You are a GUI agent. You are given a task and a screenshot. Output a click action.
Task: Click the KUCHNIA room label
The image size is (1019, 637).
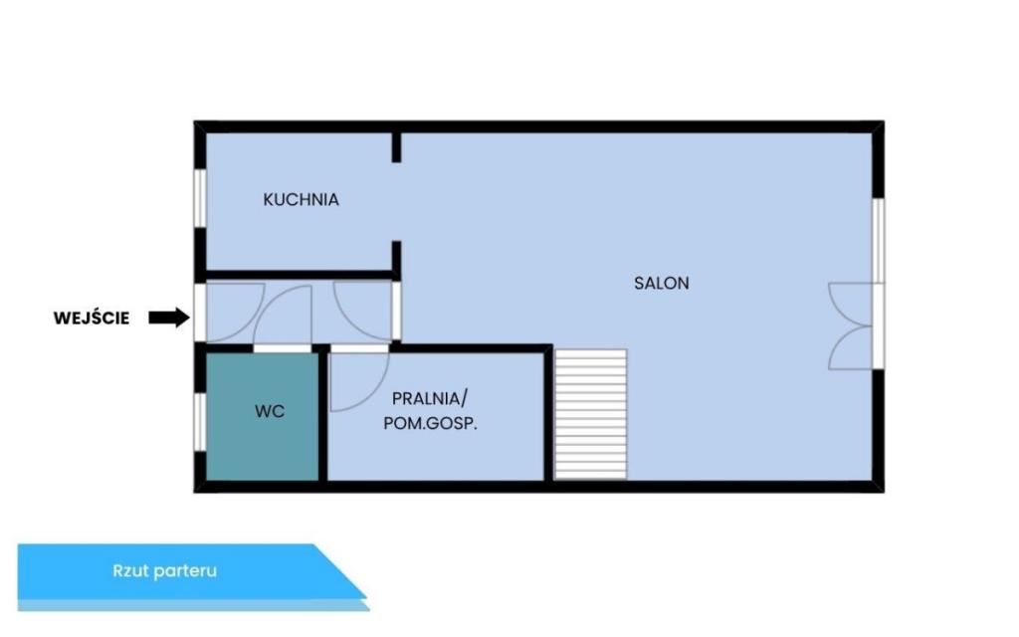[301, 199]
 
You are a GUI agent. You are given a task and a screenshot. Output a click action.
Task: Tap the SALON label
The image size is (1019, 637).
[662, 284]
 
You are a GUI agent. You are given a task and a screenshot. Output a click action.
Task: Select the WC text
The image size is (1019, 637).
[270, 411]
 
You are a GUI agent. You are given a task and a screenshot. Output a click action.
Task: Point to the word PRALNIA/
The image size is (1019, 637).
[430, 398]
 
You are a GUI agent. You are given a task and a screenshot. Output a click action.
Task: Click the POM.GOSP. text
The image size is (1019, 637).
[430, 424]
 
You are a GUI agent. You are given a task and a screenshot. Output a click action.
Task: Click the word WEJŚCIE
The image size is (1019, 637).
[92, 318]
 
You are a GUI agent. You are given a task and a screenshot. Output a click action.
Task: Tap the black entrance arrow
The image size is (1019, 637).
[169, 318]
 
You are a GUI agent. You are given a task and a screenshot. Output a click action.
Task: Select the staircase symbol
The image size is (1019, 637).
[591, 414]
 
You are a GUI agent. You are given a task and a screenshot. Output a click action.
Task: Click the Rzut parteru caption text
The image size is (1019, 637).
[165, 570]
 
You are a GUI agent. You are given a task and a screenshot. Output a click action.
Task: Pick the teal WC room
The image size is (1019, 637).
[262, 417]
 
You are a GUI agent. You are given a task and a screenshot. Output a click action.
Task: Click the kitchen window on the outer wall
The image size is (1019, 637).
[201, 198]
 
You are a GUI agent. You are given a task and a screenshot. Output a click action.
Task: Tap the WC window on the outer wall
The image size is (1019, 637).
[200, 422]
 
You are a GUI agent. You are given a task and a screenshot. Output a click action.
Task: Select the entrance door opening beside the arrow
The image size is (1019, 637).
[200, 313]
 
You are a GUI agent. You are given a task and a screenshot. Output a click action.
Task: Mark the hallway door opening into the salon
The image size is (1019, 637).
[396, 311]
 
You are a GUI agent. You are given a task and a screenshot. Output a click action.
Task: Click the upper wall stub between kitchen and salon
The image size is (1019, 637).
[396, 147]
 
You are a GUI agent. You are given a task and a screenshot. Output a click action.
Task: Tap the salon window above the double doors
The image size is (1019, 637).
[878, 241]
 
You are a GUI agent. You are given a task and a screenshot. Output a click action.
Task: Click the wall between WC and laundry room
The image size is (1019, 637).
[323, 417]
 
